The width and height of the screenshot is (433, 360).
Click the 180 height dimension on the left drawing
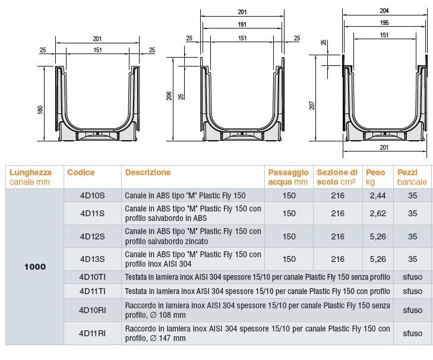pyautogui.click(x=40, y=110)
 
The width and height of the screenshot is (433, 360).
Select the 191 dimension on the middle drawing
pyautogui.click(x=242, y=24)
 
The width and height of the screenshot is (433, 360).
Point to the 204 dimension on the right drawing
pyautogui.click(x=384, y=11)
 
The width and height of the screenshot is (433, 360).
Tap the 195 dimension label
pyautogui.click(x=384, y=23)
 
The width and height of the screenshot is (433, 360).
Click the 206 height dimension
pyautogui.click(x=169, y=96)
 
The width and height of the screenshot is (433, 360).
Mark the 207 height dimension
pyautogui.click(x=312, y=105)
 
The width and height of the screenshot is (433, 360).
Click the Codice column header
pyautogui.click(x=81, y=172)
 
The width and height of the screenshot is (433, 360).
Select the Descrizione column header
pyautogui.click(x=148, y=172)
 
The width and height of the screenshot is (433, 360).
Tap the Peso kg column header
pyautogui.click(x=375, y=177)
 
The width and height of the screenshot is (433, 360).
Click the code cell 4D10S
pyautogui.click(x=93, y=195)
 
